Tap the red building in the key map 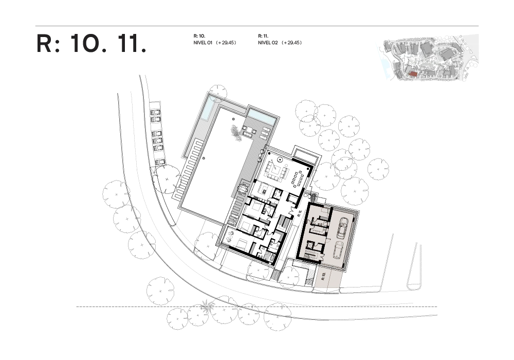(413, 75)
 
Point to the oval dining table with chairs (298, 178)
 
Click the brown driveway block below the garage (327, 277)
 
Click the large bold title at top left (92, 44)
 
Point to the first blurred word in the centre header (215, 40)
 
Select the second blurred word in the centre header (279, 40)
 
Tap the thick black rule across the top (257, 27)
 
